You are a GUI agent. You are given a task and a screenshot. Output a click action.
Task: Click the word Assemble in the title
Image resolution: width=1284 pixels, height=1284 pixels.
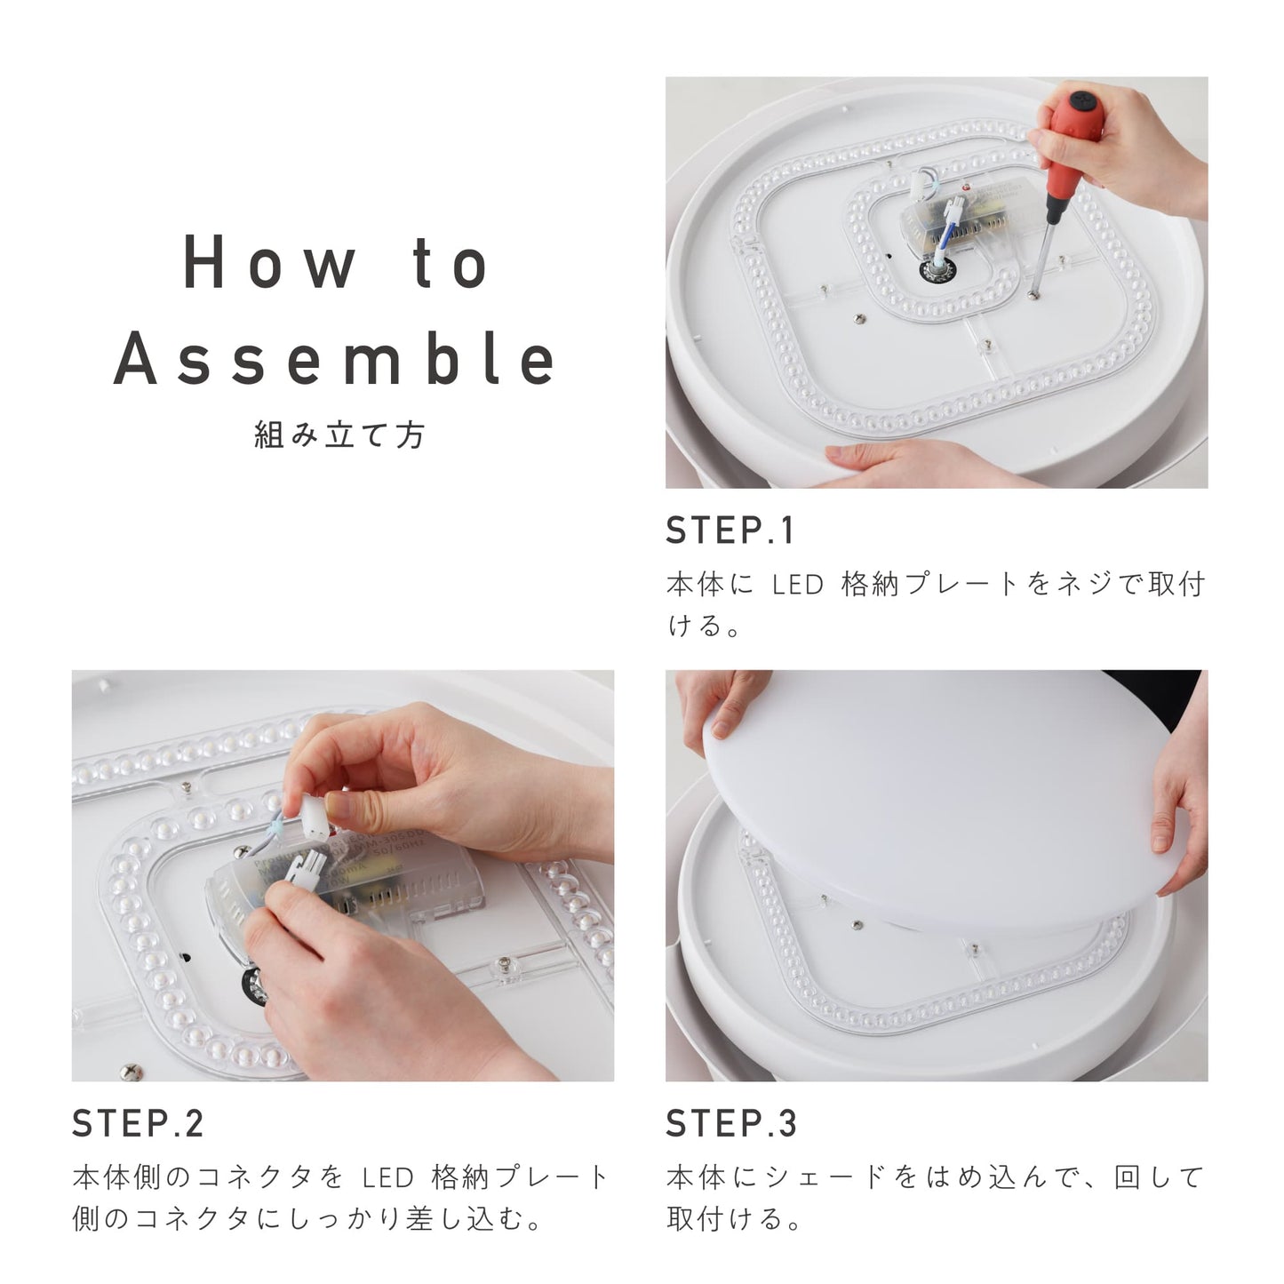pos(334,358)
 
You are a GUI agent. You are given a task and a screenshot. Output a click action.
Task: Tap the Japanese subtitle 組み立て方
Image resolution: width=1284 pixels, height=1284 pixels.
pos(339,435)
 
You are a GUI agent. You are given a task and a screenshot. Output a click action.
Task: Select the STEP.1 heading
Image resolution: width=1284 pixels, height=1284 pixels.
pos(730,531)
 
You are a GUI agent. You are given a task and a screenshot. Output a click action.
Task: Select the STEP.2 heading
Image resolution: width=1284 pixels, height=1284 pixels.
pos(138,1123)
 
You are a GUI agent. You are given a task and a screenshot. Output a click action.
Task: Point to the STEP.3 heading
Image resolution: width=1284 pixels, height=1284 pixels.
pos(731,1123)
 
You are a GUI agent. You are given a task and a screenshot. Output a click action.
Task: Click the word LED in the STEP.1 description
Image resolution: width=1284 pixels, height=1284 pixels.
pos(798,585)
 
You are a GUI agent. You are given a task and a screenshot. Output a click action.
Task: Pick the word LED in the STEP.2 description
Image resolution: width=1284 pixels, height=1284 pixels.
pos(387,1177)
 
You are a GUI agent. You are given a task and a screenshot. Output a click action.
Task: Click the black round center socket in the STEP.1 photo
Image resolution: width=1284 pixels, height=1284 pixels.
pos(936,271)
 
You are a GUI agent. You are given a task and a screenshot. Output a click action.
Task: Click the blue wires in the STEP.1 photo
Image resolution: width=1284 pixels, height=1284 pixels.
pos(945,233)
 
